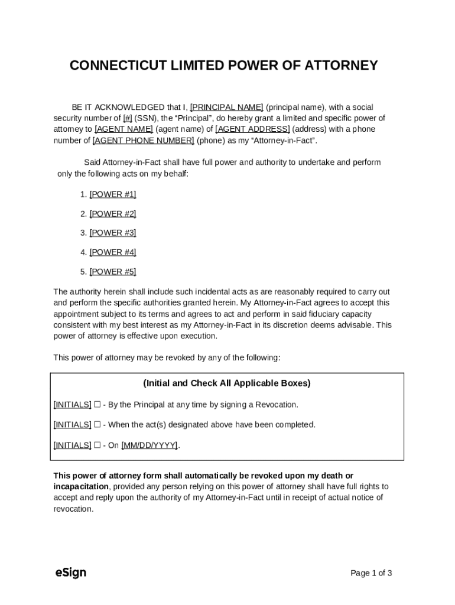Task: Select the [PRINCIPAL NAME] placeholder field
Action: (226, 107)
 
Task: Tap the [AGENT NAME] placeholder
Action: (124, 129)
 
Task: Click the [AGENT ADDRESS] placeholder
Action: (252, 129)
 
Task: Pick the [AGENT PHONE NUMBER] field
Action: (143, 140)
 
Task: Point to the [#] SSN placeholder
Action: (128, 118)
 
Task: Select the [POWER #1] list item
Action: (112, 194)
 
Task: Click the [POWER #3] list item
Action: (112, 233)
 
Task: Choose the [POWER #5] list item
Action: (112, 272)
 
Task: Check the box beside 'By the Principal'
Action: (97, 405)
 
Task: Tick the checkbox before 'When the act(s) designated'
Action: (97, 425)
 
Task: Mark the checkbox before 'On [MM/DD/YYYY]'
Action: (97, 445)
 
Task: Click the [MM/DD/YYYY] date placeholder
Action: (149, 445)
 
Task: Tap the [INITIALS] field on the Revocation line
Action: (72, 405)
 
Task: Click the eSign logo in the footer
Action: (70, 573)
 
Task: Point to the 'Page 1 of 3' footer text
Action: (371, 573)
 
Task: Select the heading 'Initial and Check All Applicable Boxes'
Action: (227, 383)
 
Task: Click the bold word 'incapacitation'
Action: (81, 486)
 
